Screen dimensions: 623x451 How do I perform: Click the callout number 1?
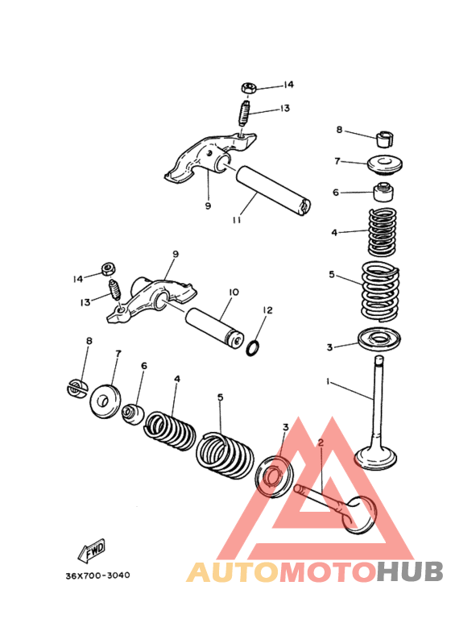(x=328, y=380)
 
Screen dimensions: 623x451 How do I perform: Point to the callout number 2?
(x=320, y=442)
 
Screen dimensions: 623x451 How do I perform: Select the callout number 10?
(x=234, y=293)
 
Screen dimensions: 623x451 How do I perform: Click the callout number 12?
(x=268, y=309)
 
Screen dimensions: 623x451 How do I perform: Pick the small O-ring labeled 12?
(x=252, y=347)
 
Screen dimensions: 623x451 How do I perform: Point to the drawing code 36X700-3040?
(x=97, y=575)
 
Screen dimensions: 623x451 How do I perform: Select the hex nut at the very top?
(x=249, y=87)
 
